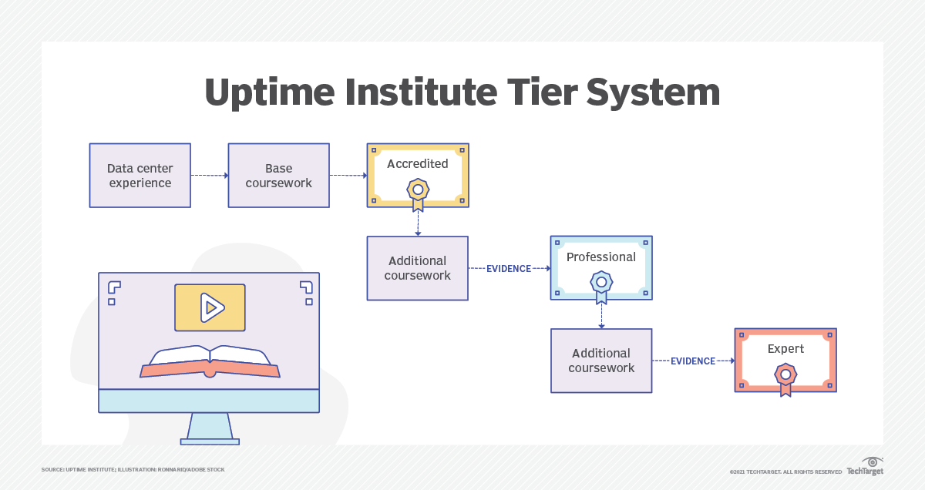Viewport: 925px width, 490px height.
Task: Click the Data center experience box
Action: click(x=140, y=176)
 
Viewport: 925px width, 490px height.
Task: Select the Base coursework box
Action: click(x=278, y=176)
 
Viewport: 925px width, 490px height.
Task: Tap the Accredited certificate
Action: click(x=417, y=175)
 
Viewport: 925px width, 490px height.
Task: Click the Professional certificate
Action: click(x=601, y=267)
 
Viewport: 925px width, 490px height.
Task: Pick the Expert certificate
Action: click(x=785, y=360)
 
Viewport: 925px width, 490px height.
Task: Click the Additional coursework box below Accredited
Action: click(x=417, y=268)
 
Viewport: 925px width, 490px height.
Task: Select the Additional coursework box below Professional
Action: click(x=601, y=361)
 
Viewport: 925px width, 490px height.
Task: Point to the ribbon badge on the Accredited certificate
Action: click(x=417, y=193)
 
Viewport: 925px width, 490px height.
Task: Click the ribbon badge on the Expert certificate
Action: click(x=785, y=378)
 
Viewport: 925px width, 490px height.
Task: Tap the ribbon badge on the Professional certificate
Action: click(x=601, y=286)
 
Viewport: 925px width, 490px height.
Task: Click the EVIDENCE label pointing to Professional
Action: click(x=509, y=269)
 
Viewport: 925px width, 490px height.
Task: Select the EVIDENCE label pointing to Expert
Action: click(x=693, y=361)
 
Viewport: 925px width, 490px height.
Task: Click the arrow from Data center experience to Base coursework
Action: click(x=209, y=176)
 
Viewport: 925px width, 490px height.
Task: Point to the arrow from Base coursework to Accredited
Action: click(x=348, y=176)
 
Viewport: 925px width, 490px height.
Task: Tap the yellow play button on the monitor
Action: click(x=210, y=307)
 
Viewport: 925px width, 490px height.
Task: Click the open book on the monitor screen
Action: click(x=210, y=363)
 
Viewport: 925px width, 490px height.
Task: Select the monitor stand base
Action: click(x=210, y=441)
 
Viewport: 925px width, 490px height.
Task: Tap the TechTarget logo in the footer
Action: click(x=864, y=468)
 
